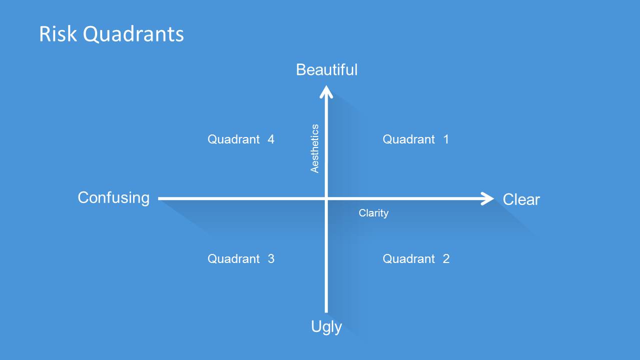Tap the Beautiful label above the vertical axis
click(327, 69)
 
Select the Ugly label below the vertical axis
click(326, 327)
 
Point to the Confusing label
click(114, 198)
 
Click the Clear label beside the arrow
click(521, 199)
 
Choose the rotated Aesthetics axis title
click(315, 148)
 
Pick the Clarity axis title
click(373, 213)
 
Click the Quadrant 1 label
click(415, 139)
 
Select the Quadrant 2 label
click(415, 259)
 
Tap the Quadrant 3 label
click(241, 259)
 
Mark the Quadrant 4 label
click(241, 139)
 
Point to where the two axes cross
click(326, 198)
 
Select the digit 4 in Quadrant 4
click(271, 139)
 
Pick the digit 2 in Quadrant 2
click(446, 259)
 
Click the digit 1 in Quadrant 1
click(446, 139)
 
